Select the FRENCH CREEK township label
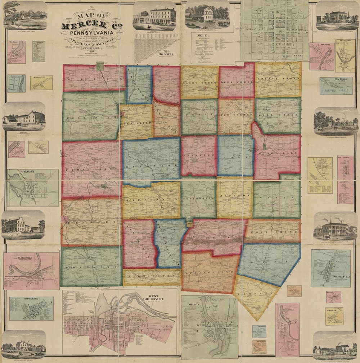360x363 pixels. click(278, 78)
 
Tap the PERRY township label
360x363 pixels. click(199, 114)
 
